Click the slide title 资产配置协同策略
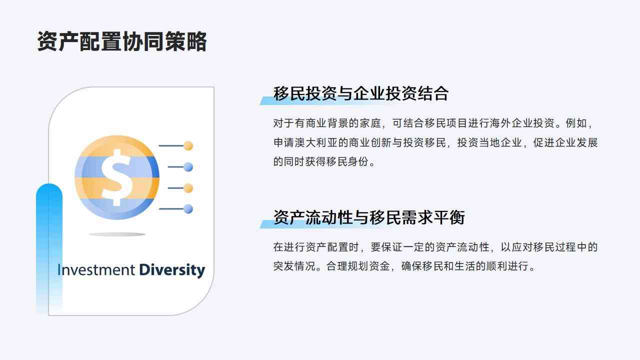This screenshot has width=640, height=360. tap(121, 41)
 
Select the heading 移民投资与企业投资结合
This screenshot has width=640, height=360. tap(361, 93)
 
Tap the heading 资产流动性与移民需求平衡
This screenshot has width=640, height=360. tap(369, 217)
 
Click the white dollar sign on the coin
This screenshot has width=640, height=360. tap(117, 177)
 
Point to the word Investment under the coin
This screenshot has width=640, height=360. tap(96, 269)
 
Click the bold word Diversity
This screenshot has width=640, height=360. tap(172, 270)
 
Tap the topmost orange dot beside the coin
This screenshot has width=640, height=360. tap(188, 145)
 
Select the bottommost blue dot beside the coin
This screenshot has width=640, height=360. tap(188, 209)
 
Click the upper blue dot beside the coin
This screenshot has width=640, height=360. tap(188, 167)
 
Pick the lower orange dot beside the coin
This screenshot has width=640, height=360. tap(188, 188)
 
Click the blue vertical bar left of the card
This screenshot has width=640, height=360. tap(49, 248)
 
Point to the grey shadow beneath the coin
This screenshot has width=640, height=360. tap(117, 234)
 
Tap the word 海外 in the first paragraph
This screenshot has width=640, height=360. tap(500, 123)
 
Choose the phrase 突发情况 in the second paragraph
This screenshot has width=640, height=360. tap(294, 266)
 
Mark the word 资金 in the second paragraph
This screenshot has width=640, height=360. tap(379, 266)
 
